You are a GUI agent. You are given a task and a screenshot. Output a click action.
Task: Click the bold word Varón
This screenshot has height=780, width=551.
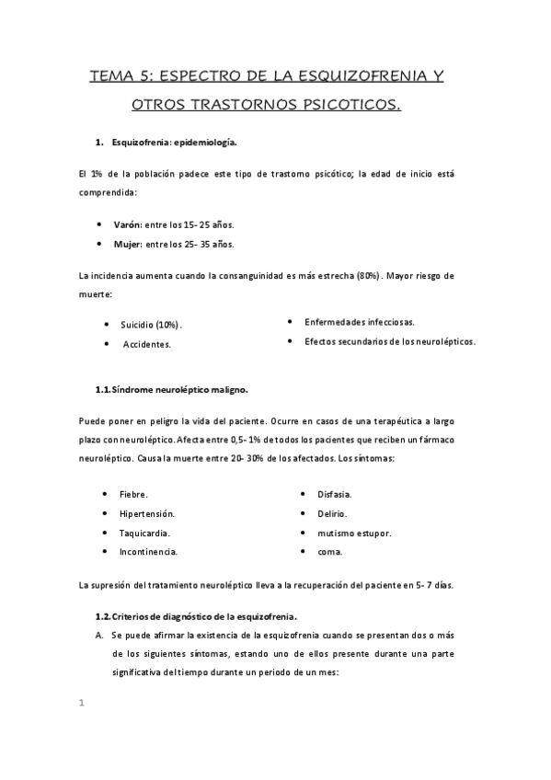click(x=128, y=224)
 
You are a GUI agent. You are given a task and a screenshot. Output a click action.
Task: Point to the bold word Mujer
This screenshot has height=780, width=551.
click(x=128, y=244)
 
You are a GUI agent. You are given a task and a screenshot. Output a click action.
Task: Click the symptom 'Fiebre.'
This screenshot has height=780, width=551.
click(x=133, y=494)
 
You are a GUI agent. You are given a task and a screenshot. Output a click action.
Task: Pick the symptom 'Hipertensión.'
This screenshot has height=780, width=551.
click(x=147, y=513)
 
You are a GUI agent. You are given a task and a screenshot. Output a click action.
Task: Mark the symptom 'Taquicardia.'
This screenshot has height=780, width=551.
click(x=144, y=533)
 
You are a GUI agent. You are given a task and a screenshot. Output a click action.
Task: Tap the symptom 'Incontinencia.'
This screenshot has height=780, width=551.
click(x=148, y=552)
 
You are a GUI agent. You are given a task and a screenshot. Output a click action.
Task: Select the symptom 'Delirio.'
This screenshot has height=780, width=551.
click(x=332, y=513)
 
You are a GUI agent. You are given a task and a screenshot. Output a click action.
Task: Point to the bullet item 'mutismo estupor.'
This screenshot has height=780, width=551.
click(x=354, y=533)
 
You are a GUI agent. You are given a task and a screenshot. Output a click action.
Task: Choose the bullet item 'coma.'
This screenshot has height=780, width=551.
click(x=330, y=552)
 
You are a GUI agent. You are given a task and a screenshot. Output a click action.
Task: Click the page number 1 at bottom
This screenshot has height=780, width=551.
click(x=82, y=704)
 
